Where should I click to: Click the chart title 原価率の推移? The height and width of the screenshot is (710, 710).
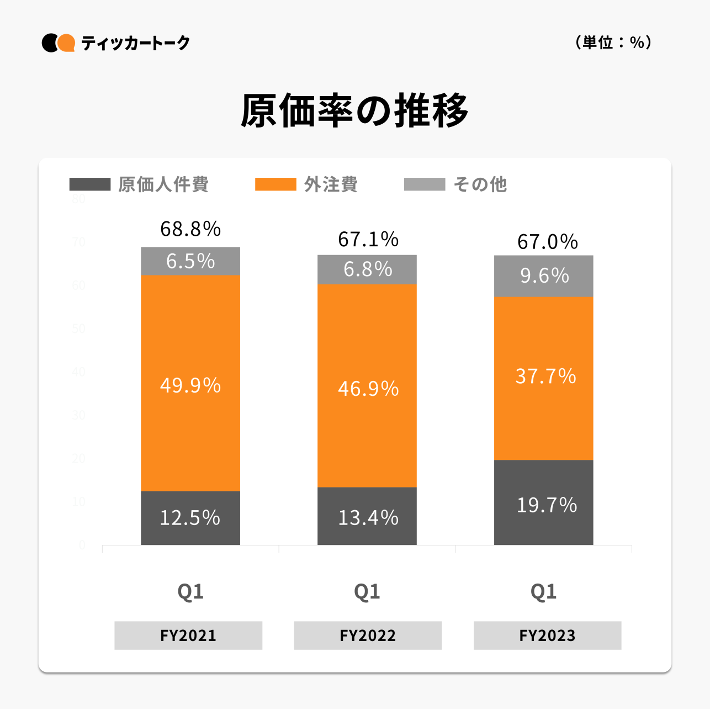pos(354,111)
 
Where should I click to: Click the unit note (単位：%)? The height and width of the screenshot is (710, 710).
pos(613,43)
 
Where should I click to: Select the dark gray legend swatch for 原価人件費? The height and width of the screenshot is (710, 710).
pos(90,184)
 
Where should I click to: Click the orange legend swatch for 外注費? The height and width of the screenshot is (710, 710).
pos(275,184)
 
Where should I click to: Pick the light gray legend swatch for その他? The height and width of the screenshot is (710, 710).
pos(424,184)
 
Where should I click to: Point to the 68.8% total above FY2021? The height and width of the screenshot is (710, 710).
pos(190,229)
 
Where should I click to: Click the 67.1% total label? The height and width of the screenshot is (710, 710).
pos(368,240)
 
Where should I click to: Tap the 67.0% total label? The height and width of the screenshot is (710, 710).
pos(547,242)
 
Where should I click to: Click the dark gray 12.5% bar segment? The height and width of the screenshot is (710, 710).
pos(190,518)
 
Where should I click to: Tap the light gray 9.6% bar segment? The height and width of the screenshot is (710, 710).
pos(544,275)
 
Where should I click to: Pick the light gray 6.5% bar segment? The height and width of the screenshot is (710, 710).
pos(190,261)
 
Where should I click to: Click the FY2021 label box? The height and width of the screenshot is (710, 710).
pos(188,635)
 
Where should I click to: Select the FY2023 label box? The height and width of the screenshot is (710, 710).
pos(547,635)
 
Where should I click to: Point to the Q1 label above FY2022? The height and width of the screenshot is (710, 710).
pos(367,591)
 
